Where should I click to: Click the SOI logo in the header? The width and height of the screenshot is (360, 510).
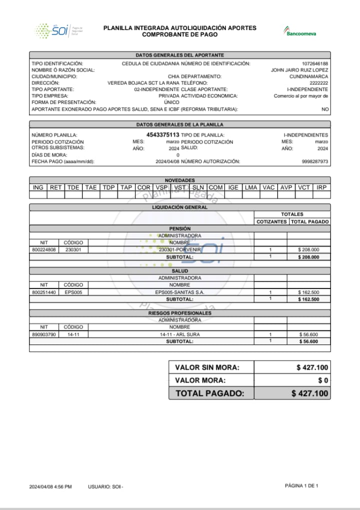pos(58,31)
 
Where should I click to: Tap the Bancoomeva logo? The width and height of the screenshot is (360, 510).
pos(300,31)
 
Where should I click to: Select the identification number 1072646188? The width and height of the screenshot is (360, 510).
pos(315,64)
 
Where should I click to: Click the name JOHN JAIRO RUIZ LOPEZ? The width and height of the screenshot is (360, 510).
pos(299,70)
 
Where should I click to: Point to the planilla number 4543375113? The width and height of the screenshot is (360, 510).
pos(162,135)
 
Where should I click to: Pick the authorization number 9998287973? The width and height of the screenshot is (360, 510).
pos(315,161)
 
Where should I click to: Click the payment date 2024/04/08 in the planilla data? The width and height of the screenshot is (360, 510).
pos(167,161)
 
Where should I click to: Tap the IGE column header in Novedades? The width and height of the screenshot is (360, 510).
pos(233,187)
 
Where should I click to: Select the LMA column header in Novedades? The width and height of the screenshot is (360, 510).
pos(251,187)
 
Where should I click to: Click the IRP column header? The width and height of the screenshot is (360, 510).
pos(321,187)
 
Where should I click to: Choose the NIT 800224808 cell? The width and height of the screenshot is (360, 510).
pos(44,249)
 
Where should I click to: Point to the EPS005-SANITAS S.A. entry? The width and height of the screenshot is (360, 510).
pos(179,292)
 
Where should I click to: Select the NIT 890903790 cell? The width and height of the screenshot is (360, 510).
pos(44,334)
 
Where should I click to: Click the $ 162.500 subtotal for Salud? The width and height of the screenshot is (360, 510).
pos(308,299)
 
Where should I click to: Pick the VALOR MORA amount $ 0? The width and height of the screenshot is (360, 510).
pos(323,380)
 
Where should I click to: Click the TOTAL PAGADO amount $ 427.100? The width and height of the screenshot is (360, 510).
pos(310,393)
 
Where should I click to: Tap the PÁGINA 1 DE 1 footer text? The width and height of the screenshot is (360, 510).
pos(301,485)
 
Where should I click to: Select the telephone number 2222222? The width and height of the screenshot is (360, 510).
pos(319,83)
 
